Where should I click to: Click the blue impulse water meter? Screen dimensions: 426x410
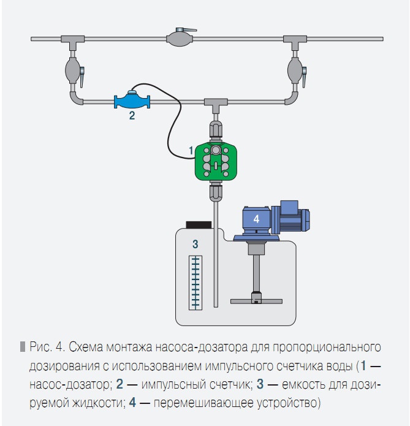(132, 99)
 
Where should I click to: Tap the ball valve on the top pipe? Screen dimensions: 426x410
(182, 39)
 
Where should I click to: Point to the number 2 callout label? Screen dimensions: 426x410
(132, 115)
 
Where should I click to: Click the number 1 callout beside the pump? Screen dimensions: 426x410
(191, 150)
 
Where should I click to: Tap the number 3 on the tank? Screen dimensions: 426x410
(195, 244)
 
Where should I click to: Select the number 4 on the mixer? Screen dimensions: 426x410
(257, 218)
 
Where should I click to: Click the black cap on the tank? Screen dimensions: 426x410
(198, 224)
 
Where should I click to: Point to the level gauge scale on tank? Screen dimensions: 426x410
(195, 281)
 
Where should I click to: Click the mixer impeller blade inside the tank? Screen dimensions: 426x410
(256, 300)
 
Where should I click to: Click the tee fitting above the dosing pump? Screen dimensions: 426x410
(214, 104)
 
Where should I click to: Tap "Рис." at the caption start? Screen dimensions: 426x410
(40, 348)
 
